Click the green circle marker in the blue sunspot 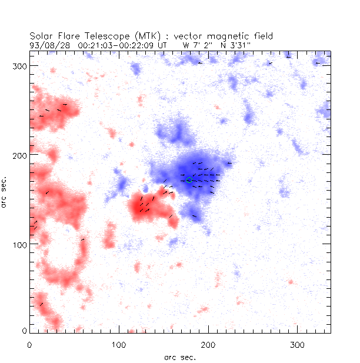(189, 180)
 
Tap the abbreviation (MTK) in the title (144, 36)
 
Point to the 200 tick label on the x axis (208, 344)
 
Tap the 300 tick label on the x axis (297, 344)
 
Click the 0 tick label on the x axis (30, 344)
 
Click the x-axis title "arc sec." (179, 356)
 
